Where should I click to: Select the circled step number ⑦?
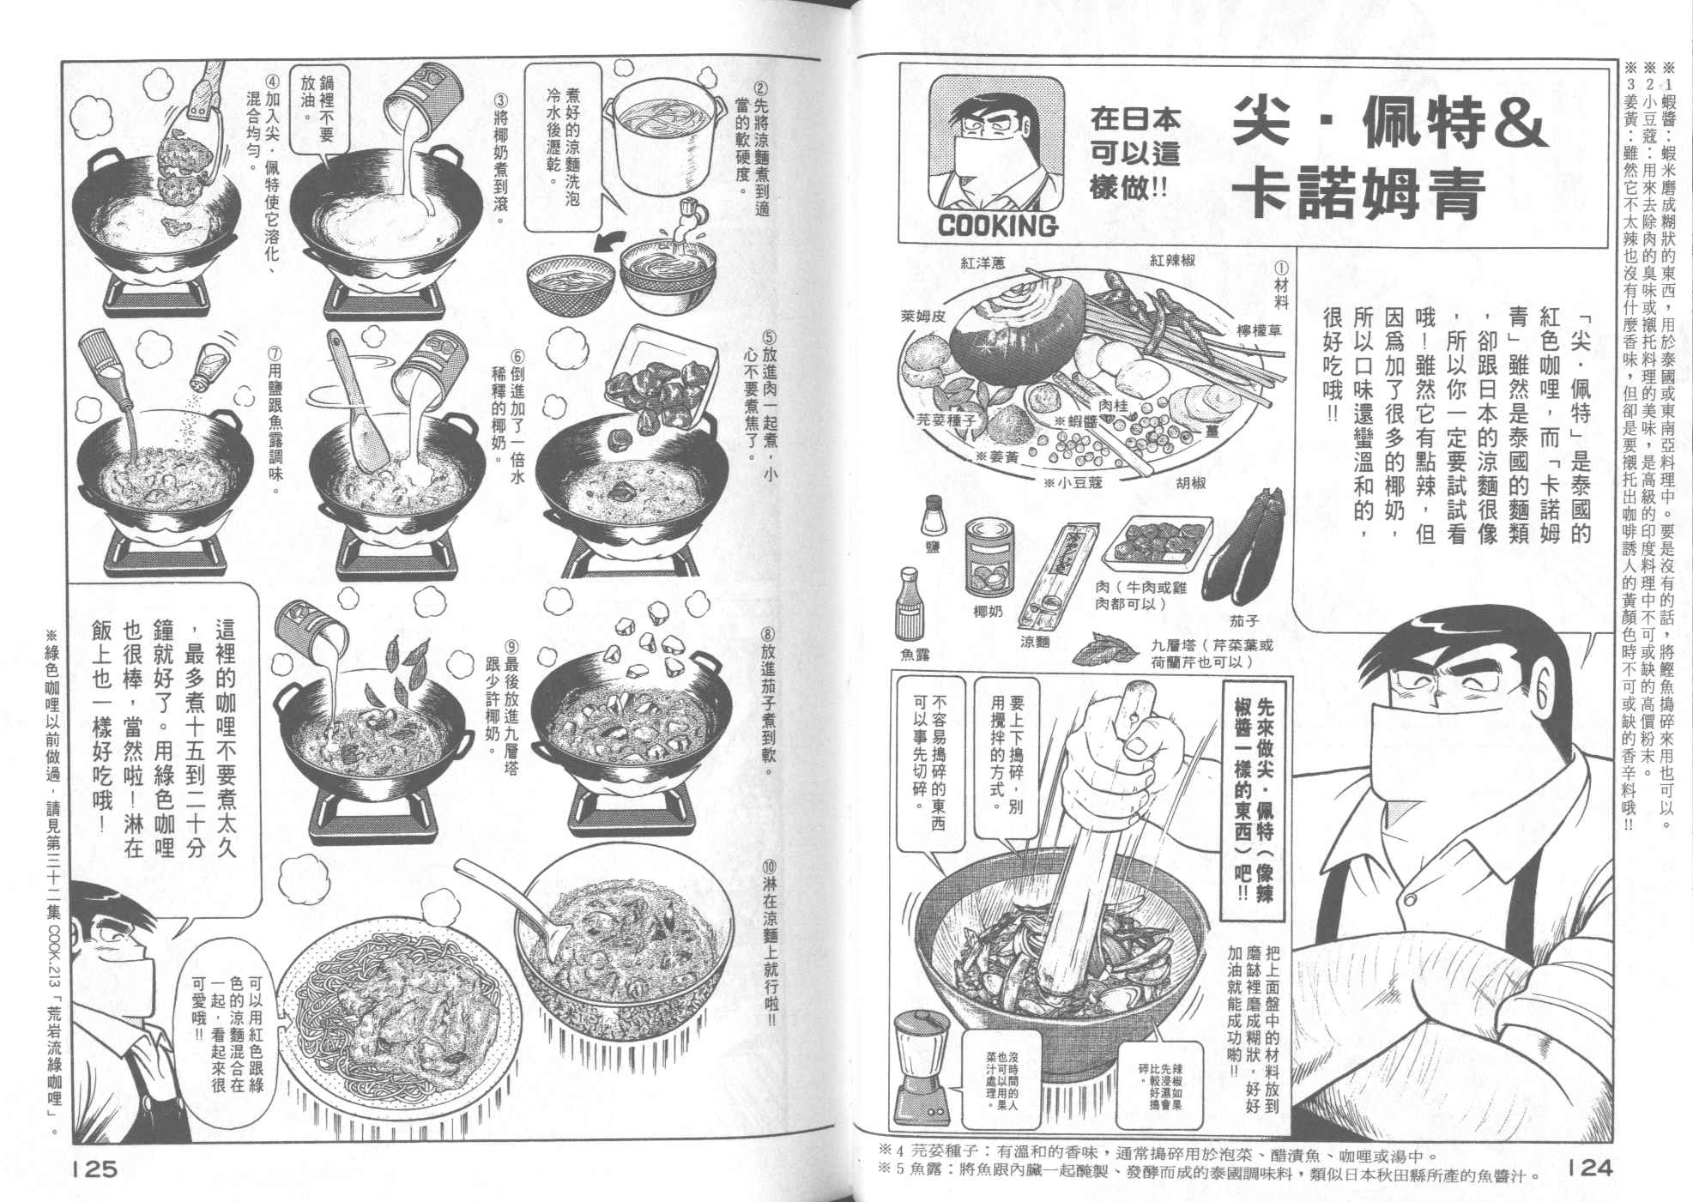[x=272, y=353]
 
